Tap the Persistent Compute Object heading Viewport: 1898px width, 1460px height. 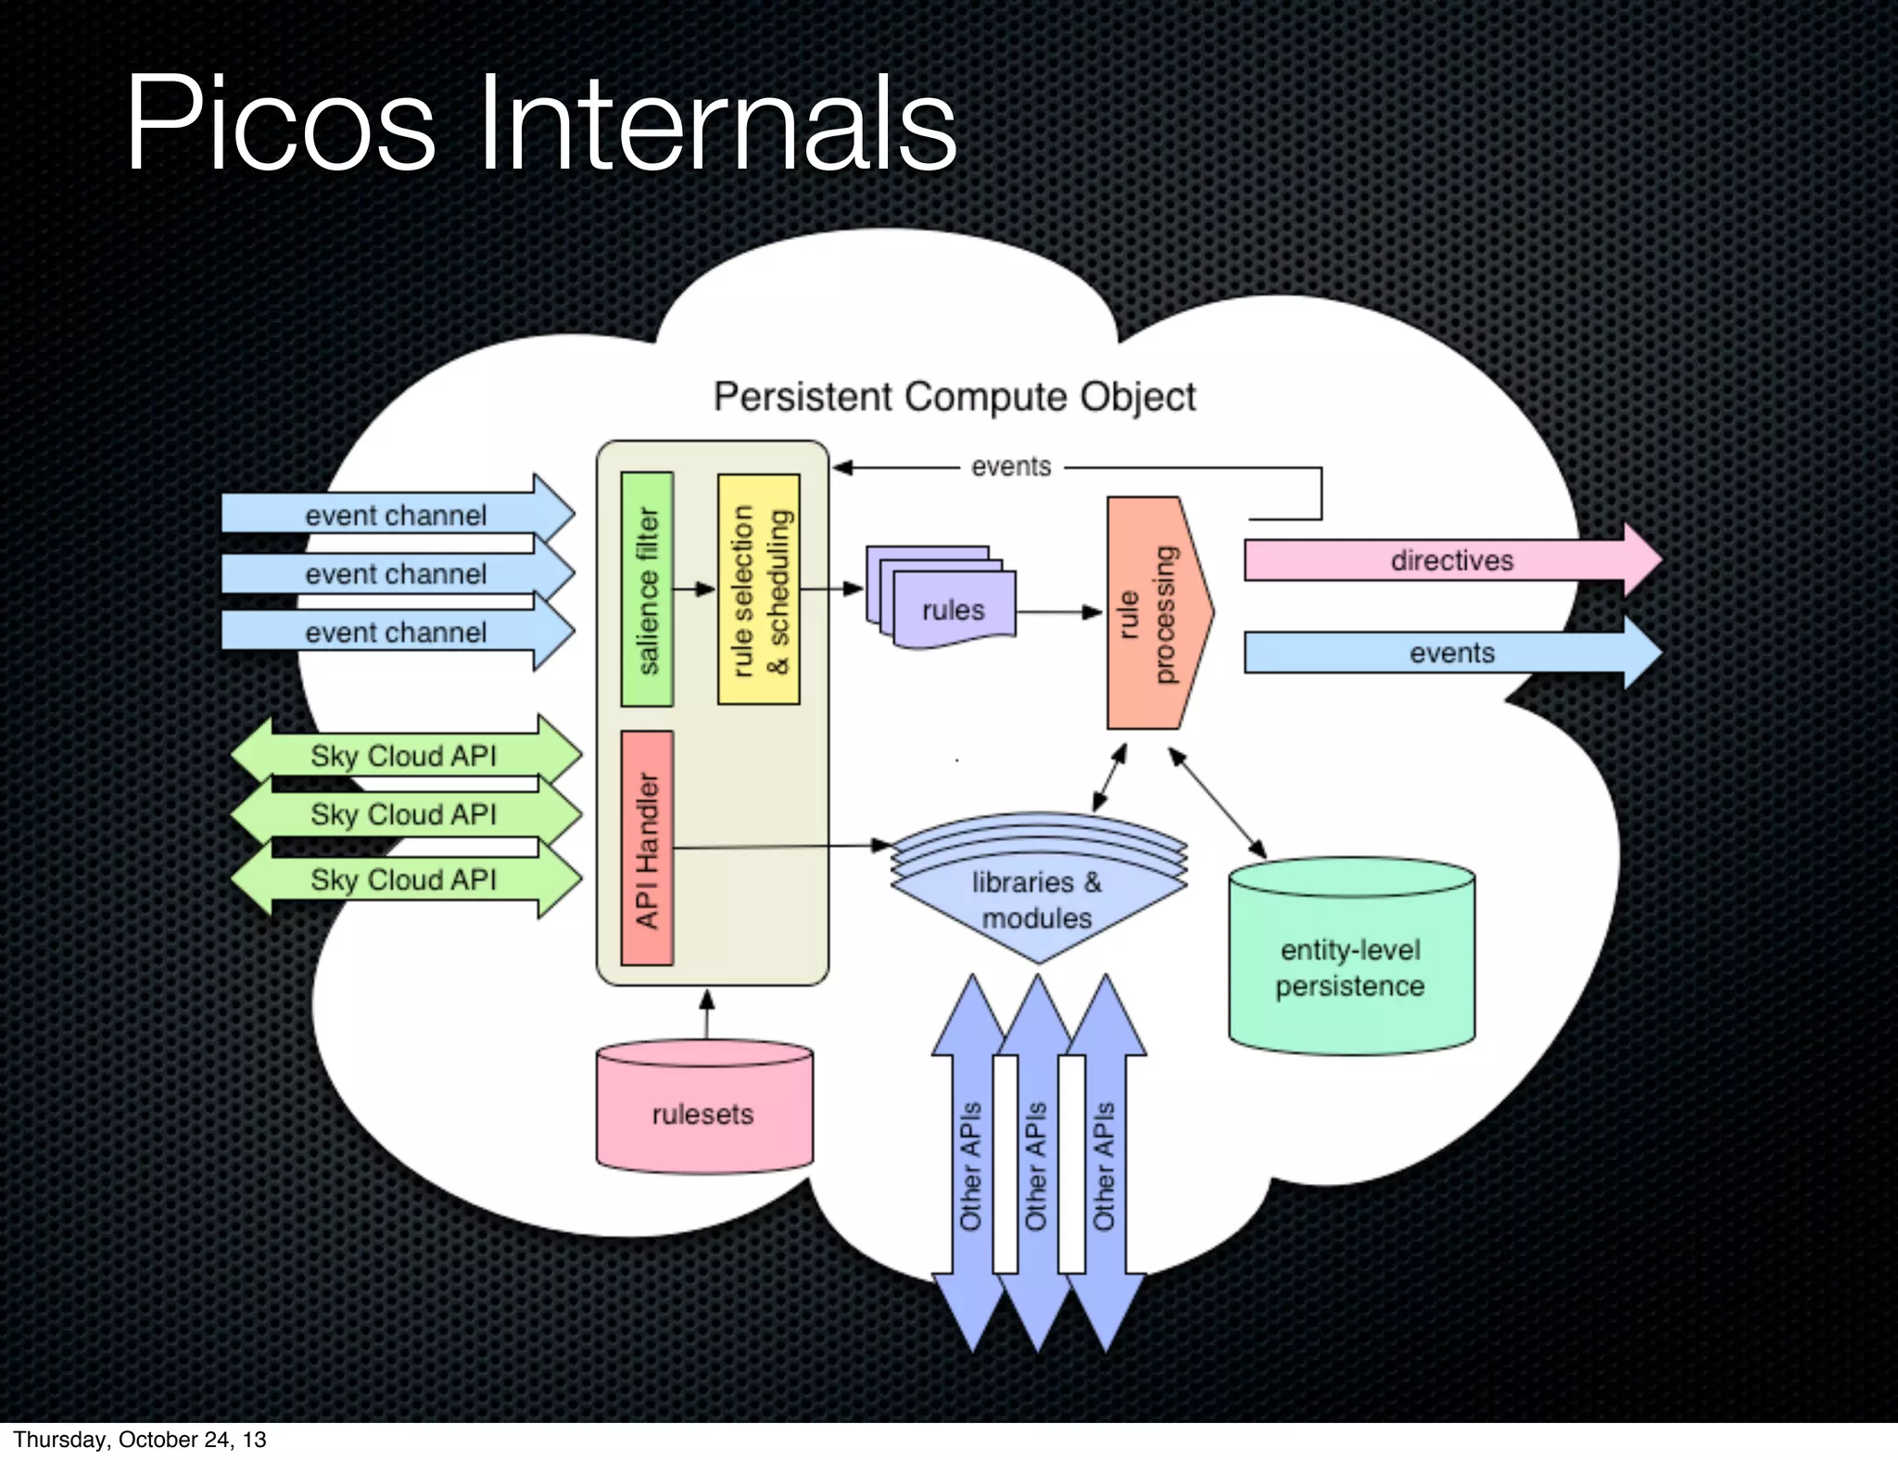click(x=954, y=397)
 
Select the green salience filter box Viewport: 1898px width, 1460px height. click(x=647, y=589)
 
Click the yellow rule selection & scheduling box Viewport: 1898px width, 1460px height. click(x=759, y=589)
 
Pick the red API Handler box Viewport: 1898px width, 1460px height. click(x=647, y=848)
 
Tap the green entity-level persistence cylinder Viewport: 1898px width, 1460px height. click(x=1350, y=963)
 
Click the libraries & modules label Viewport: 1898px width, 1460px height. click(x=1037, y=900)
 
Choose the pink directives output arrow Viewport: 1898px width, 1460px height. click(x=1450, y=560)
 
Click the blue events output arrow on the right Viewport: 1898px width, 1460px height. click(x=1450, y=653)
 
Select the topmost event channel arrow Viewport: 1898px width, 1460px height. click(x=397, y=514)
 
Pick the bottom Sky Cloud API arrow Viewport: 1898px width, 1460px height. click(x=404, y=879)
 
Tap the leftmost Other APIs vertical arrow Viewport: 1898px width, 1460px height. click(x=969, y=1164)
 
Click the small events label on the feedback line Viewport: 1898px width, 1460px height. click(x=1011, y=467)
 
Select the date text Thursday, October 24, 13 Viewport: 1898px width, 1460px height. click(x=140, y=1439)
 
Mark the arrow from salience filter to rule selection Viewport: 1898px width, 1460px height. click(x=694, y=589)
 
